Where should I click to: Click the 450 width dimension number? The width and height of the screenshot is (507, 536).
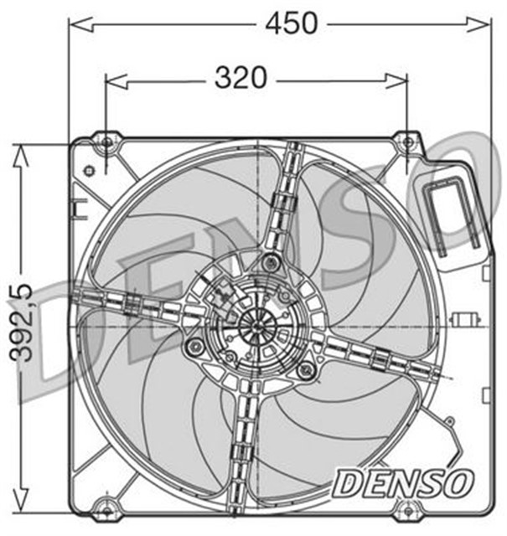pyautogui.click(x=291, y=23)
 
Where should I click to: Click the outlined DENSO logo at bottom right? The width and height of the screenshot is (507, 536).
pyautogui.click(x=401, y=482)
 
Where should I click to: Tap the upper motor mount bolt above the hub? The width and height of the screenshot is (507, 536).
pyautogui.click(x=268, y=263)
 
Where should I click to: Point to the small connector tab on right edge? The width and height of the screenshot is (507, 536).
pyautogui.click(x=465, y=319)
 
